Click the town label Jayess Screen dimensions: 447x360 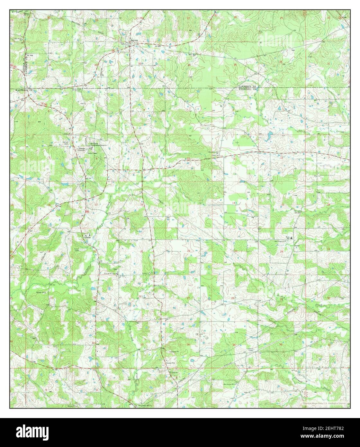point(134,41)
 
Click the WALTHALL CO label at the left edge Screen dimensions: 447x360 point(22,91)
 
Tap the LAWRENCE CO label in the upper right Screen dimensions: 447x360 point(247,87)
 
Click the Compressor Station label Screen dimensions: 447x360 point(98,145)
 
